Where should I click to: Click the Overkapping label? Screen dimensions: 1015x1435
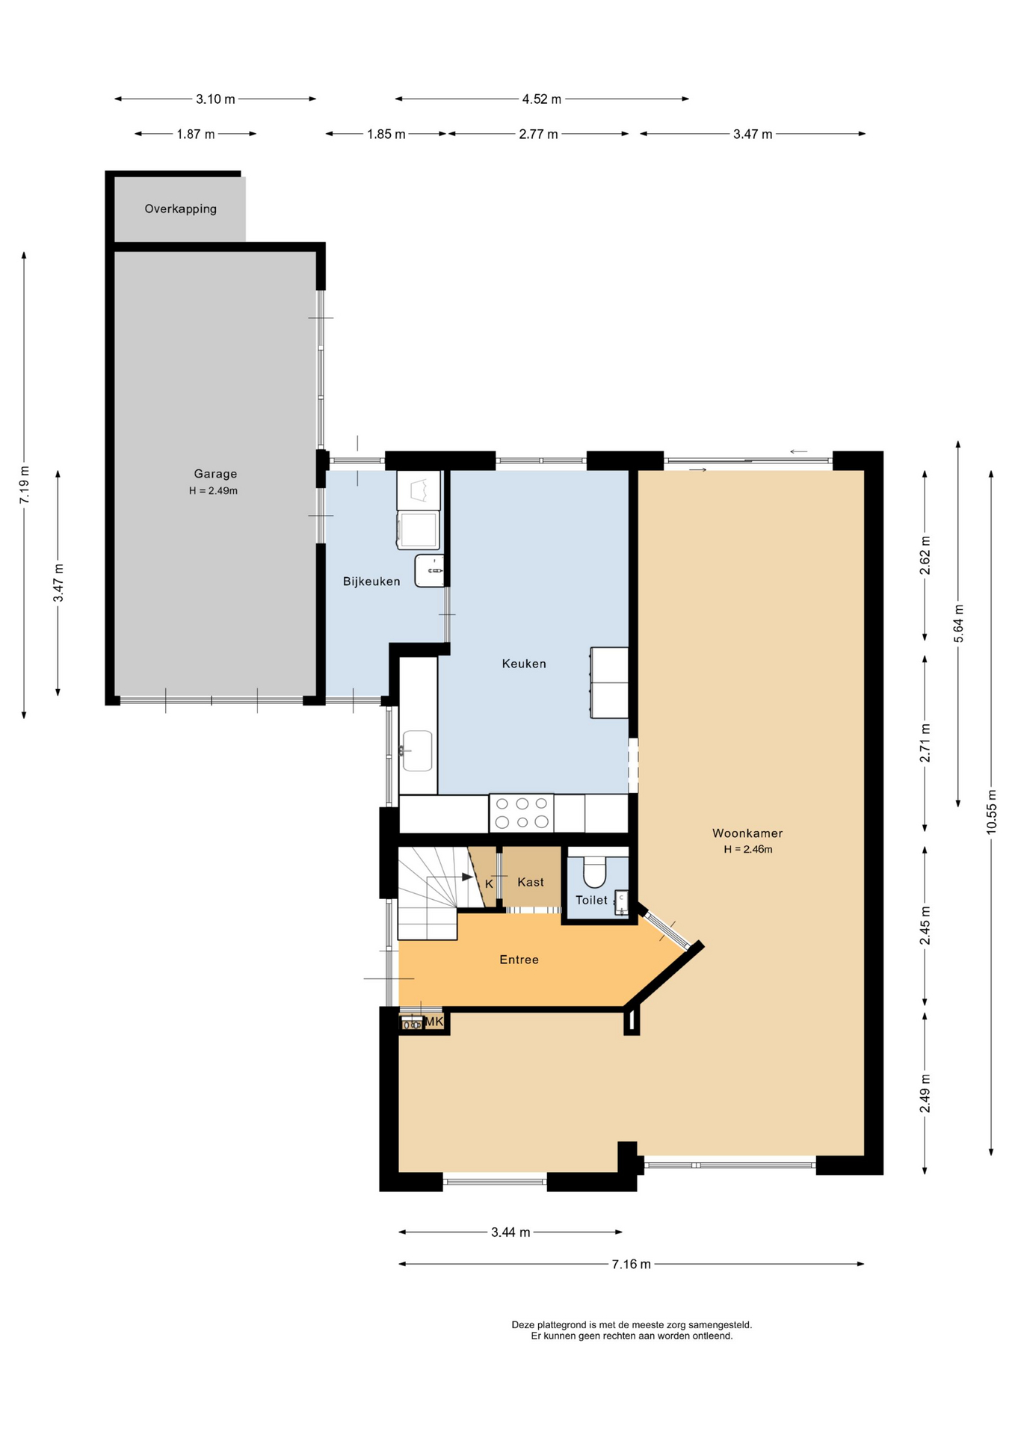click(x=181, y=209)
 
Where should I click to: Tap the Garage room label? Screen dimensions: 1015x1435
click(x=215, y=474)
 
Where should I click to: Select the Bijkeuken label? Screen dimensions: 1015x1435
click(x=371, y=581)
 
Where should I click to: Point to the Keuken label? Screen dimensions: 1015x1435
click(x=524, y=664)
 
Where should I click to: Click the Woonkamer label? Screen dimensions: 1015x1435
click(x=747, y=833)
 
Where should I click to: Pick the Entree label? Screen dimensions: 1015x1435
click(x=519, y=960)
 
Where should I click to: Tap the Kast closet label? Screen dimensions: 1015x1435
click(x=531, y=883)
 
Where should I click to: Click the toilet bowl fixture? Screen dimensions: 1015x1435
click(x=595, y=871)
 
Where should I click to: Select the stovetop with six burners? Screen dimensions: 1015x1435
click(x=522, y=813)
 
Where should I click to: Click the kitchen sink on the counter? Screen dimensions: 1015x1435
click(x=417, y=750)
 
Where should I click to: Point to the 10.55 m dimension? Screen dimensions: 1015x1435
click(x=992, y=812)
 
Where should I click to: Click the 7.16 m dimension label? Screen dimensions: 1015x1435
click(x=632, y=1265)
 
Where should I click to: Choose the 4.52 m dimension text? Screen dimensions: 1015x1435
click(x=542, y=99)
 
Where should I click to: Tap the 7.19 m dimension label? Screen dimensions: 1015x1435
click(x=25, y=484)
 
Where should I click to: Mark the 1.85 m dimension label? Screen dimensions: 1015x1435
click(x=386, y=135)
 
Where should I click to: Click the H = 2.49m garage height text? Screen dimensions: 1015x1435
click(x=214, y=491)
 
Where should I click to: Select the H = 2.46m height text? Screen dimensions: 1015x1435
click(x=748, y=850)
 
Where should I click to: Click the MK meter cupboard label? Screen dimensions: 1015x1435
click(x=434, y=1022)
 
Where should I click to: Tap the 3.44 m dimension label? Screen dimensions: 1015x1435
click(x=510, y=1232)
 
